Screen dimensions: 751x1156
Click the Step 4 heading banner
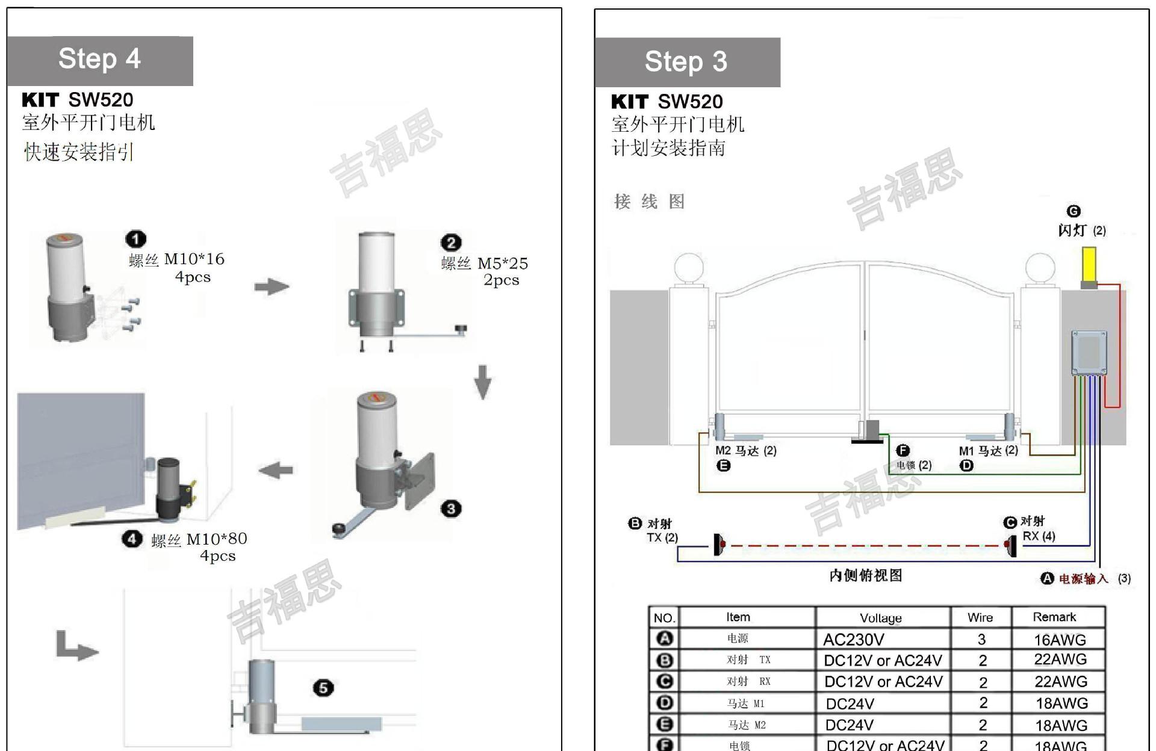click(x=100, y=60)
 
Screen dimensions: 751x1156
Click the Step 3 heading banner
click(x=686, y=62)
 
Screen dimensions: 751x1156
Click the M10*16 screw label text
click(x=194, y=259)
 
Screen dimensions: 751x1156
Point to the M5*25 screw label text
click(x=502, y=264)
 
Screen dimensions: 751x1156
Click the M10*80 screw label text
click(x=217, y=539)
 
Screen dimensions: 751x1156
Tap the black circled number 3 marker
click(x=451, y=509)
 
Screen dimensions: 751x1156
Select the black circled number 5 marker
click(x=323, y=688)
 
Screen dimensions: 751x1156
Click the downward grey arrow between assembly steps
click(x=483, y=382)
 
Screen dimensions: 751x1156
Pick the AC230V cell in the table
click(x=853, y=639)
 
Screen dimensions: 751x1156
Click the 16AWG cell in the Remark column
click(x=1060, y=639)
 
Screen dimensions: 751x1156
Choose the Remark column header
click(x=1054, y=617)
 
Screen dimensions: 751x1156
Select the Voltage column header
click(x=880, y=618)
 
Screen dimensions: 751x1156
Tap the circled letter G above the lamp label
click(x=1074, y=211)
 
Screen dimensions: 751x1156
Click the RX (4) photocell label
click(x=1039, y=536)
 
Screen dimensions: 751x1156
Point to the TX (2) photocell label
click(x=662, y=537)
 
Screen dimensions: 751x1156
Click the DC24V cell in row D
click(x=850, y=703)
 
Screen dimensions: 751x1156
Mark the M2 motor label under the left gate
click(x=746, y=451)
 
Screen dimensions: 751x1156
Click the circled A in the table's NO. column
click(x=665, y=638)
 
